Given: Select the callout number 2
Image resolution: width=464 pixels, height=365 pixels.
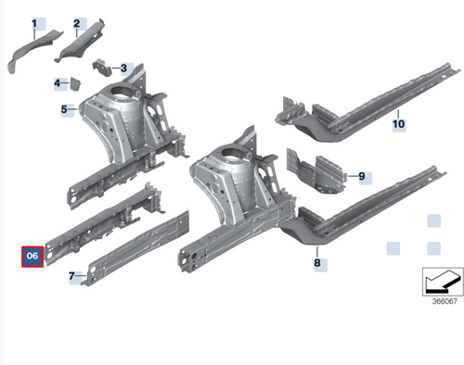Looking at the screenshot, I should [x=79, y=22].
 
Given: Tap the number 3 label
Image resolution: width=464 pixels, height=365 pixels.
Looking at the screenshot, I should [x=124, y=69].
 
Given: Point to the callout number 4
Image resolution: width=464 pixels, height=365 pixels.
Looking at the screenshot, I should [x=58, y=83].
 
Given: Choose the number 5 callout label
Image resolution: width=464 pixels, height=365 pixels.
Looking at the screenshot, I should [x=67, y=110].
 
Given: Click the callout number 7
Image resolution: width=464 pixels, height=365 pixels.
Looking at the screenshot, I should [x=72, y=276].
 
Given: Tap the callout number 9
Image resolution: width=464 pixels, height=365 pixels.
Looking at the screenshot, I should [x=363, y=175].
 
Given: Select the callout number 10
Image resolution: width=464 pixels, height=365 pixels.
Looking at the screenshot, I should [x=398, y=123].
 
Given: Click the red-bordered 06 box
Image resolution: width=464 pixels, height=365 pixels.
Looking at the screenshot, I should [x=32, y=256].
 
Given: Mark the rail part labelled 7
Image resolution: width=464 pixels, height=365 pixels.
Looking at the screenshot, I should [x=139, y=245].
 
